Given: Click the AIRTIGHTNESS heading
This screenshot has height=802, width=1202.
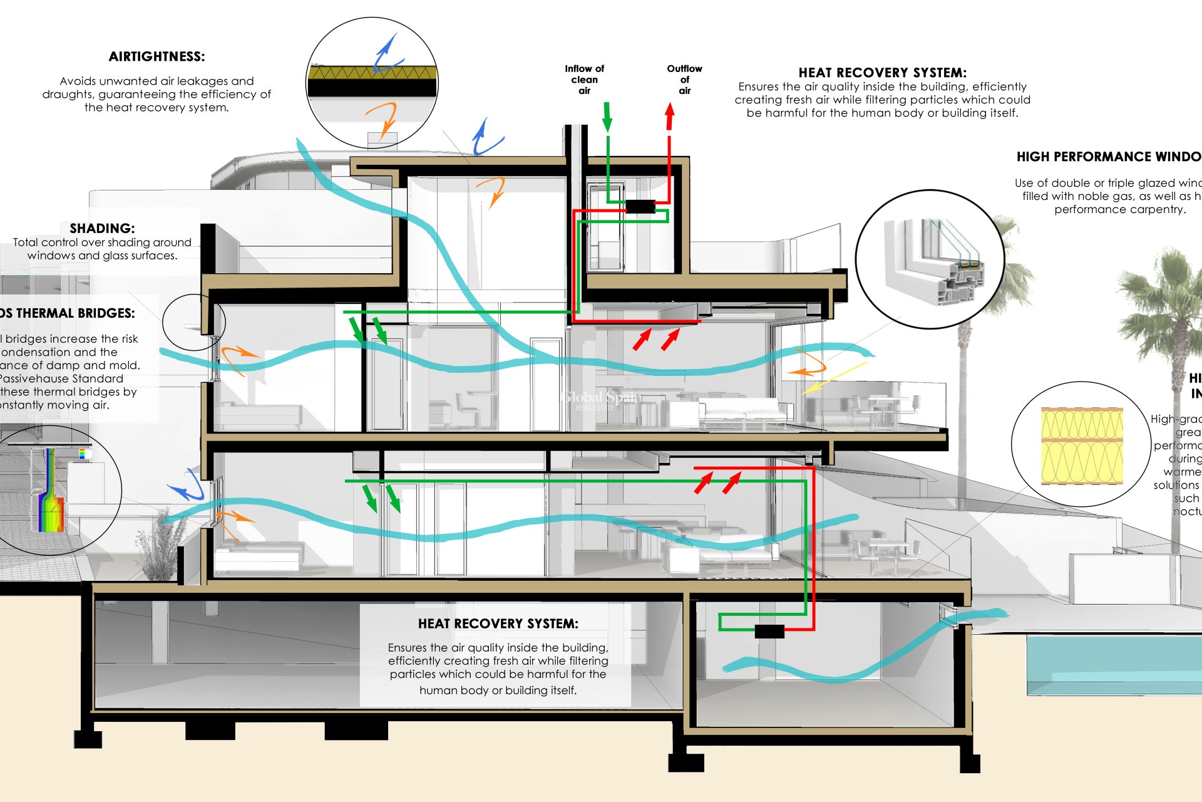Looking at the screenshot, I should point(157,57).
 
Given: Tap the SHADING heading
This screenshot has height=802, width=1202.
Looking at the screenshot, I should point(102,228).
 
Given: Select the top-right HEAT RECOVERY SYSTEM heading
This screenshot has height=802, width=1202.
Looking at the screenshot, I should point(882,73).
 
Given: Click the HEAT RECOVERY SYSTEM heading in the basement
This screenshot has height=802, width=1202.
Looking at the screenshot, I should point(498,623).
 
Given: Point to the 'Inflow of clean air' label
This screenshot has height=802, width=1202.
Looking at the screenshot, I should point(584,80).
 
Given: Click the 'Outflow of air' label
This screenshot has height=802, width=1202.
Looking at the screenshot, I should point(684,80).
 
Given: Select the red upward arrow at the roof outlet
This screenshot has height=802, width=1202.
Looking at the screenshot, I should point(669,117).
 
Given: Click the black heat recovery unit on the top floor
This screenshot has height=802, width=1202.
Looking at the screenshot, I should point(640,206).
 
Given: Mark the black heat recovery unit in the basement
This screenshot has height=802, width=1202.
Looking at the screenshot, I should point(769,631).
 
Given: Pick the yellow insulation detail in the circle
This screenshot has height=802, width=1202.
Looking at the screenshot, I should point(1081,445).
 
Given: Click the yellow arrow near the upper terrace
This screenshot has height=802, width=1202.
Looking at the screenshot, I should point(833,378).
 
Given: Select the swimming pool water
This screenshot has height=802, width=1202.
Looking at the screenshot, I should point(1114,664).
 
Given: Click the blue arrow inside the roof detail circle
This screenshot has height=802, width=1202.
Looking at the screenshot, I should point(386,54).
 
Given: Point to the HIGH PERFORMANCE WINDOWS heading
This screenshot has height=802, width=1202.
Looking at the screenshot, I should point(1108,157).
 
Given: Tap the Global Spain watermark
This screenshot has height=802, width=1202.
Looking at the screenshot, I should point(601,398).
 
